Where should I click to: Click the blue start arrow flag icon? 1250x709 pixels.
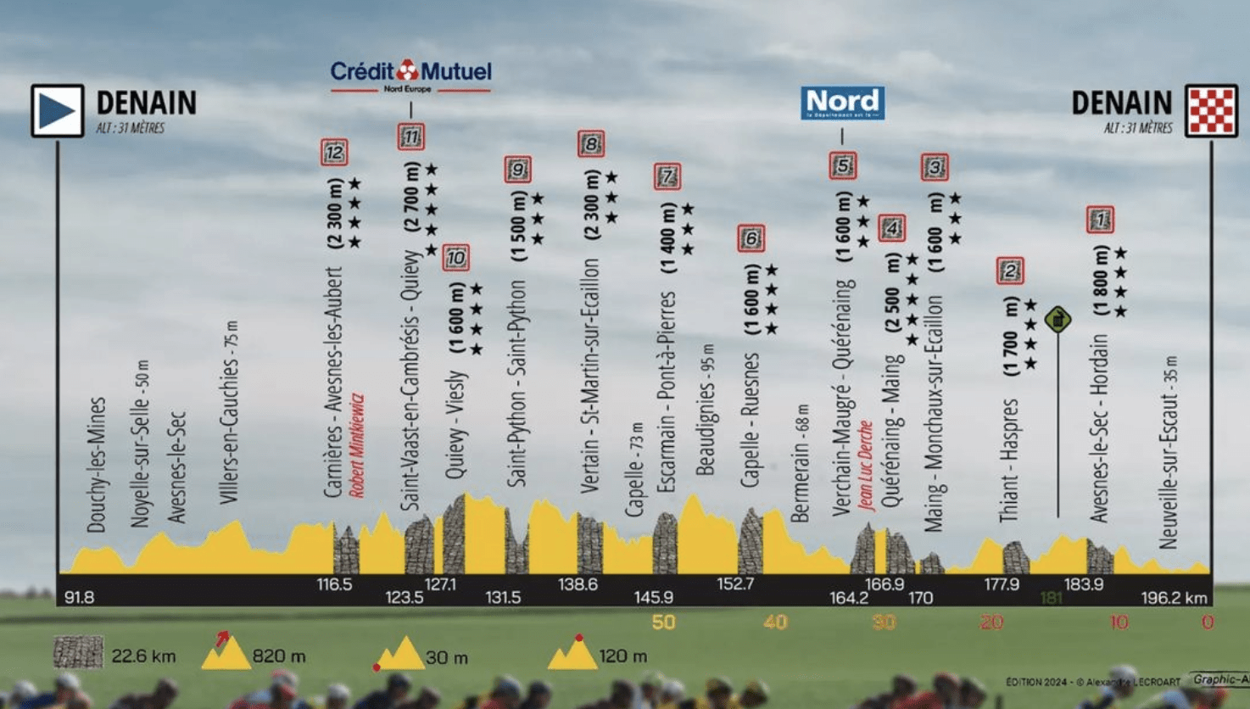[x=58, y=110]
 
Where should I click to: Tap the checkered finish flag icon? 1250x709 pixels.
[x=1211, y=110]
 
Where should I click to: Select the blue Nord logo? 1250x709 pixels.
[x=842, y=103]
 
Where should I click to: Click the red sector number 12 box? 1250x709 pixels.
[x=334, y=153]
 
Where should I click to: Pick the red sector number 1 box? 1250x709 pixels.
[x=1100, y=220]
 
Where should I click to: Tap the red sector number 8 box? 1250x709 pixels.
[x=591, y=143]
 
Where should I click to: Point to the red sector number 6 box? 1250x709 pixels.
[x=751, y=238]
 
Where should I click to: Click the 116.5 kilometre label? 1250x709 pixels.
[x=334, y=584]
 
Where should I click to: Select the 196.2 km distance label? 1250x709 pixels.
[x=1174, y=598]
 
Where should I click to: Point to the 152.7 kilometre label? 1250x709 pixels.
[x=735, y=583]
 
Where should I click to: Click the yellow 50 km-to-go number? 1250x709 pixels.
[x=663, y=622]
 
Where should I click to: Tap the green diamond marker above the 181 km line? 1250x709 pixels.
[x=1057, y=320]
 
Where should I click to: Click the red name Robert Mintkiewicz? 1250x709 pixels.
[x=357, y=445]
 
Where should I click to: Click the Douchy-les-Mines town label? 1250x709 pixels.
[x=97, y=465]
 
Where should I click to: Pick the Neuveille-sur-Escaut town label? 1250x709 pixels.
[x=1169, y=452]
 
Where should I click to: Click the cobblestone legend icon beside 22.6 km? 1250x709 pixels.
[x=78, y=653]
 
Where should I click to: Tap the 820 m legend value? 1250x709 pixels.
[x=279, y=656]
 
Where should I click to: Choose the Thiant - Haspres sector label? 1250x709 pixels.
[x=1008, y=461]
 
